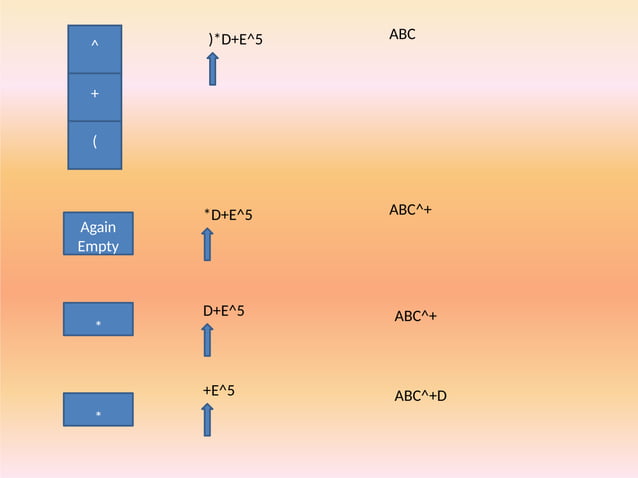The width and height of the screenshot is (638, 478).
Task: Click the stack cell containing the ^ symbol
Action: point(94,48)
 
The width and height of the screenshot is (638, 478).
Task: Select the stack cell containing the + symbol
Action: point(94,96)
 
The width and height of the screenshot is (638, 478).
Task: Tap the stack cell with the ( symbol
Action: point(94,144)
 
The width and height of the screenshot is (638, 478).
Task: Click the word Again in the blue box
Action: point(97,227)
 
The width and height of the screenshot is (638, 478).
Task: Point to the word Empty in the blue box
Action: point(97,246)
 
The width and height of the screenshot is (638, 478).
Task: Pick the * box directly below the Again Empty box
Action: point(98,319)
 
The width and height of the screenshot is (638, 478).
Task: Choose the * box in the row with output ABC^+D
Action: point(98,410)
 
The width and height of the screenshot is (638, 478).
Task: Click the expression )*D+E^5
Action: point(235,39)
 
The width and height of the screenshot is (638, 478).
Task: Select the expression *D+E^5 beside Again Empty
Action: point(228,215)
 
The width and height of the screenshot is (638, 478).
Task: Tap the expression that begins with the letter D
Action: point(224,311)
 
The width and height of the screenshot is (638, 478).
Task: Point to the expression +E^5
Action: point(219,390)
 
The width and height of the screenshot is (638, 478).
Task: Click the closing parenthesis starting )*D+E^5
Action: point(210,39)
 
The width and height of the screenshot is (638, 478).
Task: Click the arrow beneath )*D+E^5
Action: point(213,68)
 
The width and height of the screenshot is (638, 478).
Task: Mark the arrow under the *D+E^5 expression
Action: point(207,244)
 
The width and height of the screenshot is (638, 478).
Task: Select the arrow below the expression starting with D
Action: point(207,339)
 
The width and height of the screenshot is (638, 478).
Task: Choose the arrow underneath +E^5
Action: point(207,419)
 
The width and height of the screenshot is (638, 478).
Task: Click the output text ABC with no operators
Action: point(402,35)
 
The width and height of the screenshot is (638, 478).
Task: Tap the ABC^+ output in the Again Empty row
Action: point(410,210)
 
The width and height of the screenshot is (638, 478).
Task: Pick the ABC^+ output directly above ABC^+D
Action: point(415,316)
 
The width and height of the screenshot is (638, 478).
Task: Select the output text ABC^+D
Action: point(420,396)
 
